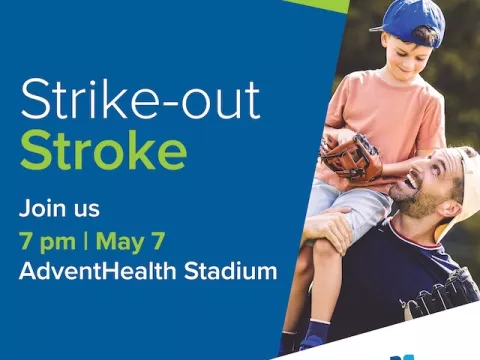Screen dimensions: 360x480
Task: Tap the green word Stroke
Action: tap(102, 153)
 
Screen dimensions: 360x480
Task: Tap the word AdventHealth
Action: tap(89, 270)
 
